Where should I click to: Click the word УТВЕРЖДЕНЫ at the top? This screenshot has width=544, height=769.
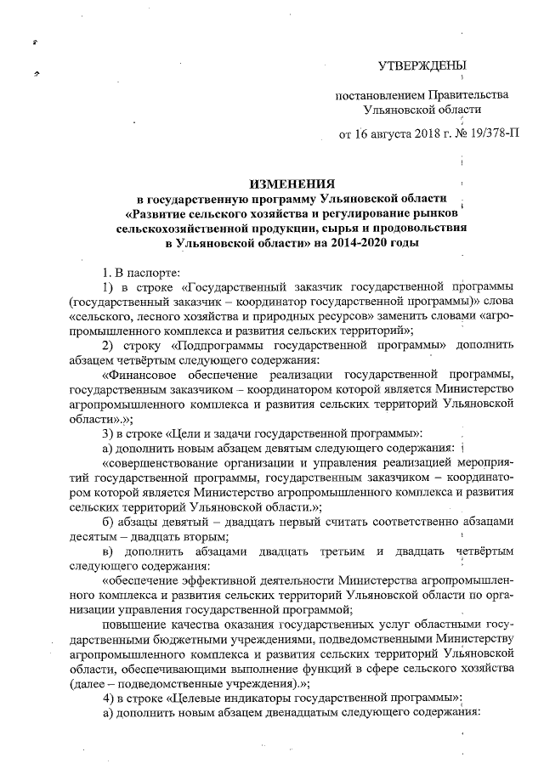pyautogui.click(x=422, y=65)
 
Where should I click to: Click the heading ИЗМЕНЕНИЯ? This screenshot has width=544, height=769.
pyautogui.click(x=292, y=183)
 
